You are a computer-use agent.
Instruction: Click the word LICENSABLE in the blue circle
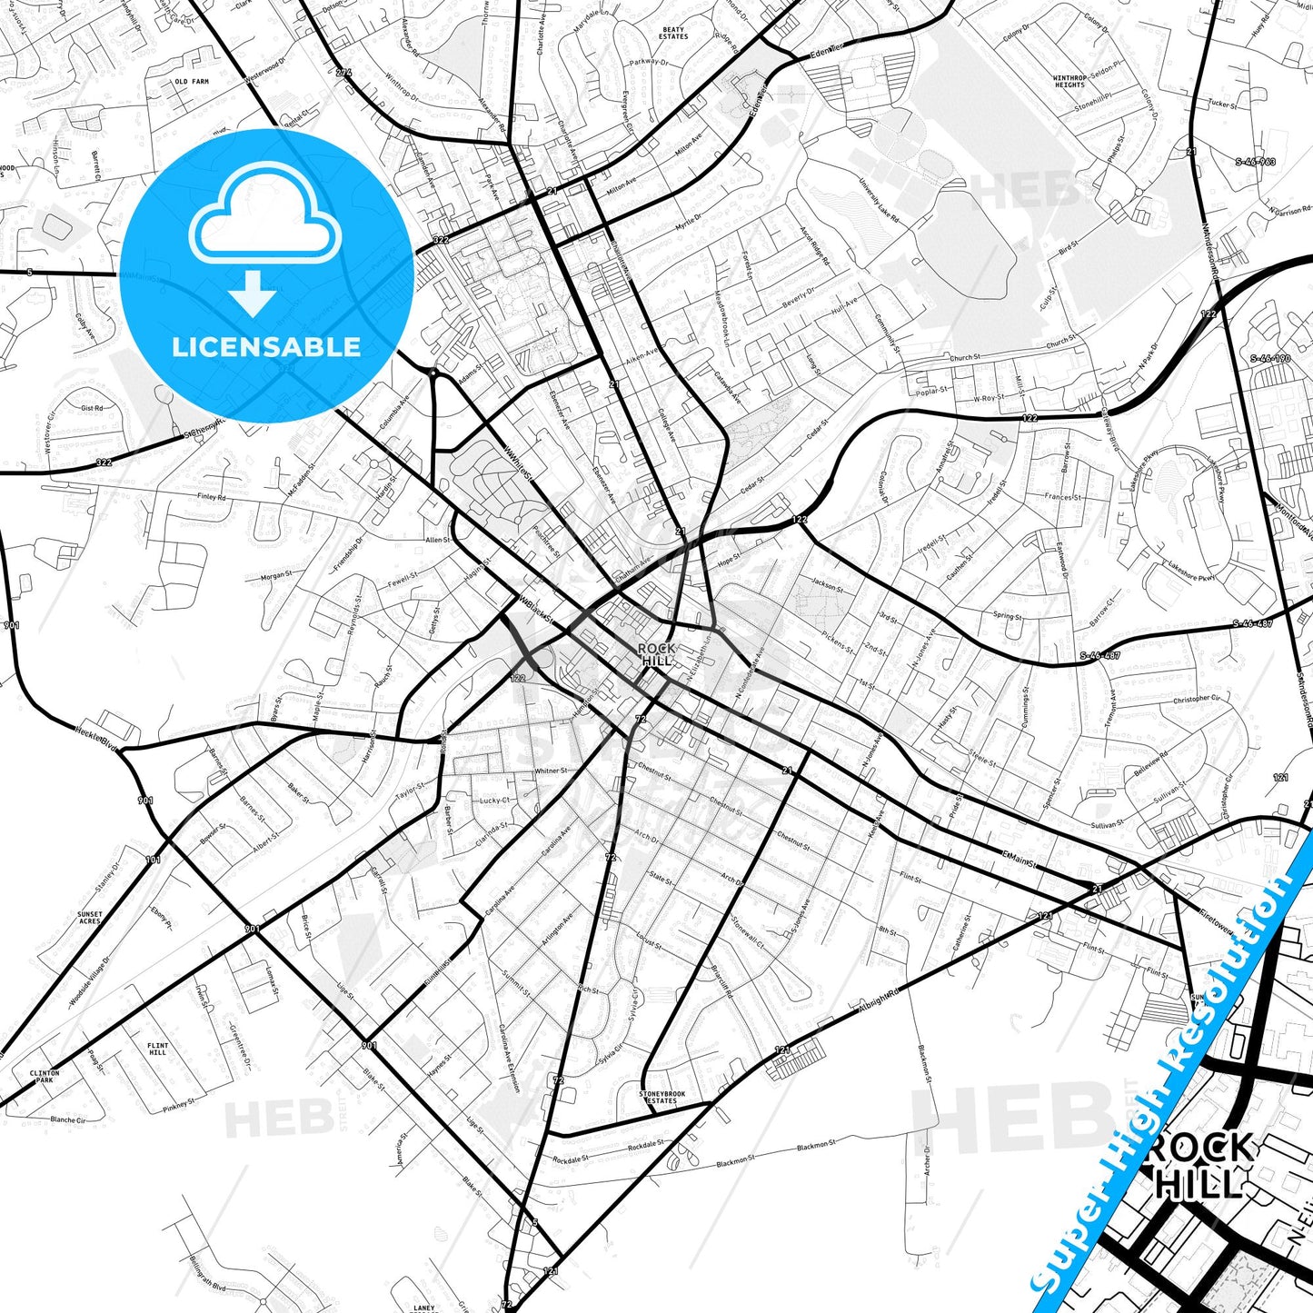(266, 347)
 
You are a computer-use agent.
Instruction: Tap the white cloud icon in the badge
(264, 214)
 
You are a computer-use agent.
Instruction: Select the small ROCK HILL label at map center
(657, 654)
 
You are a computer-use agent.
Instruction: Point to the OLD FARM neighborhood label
(192, 82)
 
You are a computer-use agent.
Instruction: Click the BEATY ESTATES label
(673, 34)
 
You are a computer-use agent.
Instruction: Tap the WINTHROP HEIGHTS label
(1069, 82)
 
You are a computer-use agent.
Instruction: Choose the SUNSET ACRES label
(90, 918)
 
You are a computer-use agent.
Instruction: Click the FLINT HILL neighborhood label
(158, 1049)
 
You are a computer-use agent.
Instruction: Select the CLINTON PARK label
(45, 1077)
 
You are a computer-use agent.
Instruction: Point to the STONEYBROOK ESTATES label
(662, 1097)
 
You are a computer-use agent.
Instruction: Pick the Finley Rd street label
(211, 498)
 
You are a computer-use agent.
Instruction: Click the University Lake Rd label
(879, 201)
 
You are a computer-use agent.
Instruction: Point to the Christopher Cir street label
(1197, 699)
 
